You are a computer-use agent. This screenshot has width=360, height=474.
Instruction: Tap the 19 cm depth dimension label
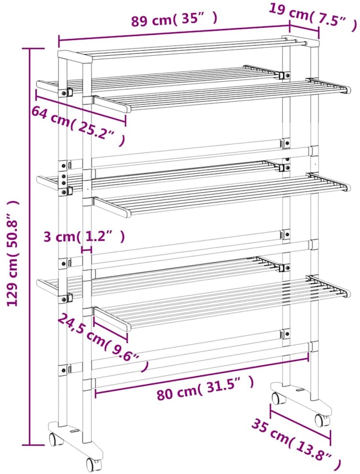click(313, 18)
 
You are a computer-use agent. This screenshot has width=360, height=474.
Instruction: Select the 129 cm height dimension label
click(13, 253)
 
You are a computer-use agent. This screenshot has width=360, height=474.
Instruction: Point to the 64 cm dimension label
click(78, 126)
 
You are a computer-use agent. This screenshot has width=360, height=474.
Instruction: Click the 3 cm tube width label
click(85, 237)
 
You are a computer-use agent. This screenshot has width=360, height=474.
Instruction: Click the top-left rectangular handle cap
click(75, 56)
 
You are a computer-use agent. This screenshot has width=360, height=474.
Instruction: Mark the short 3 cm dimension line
click(87, 250)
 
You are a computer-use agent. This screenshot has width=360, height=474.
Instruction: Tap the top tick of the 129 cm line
click(34, 49)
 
